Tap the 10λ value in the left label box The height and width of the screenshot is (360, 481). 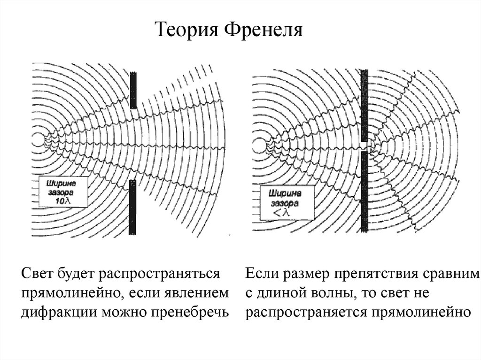61,201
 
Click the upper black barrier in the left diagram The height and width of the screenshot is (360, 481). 134,89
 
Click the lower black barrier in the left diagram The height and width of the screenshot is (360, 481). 133,207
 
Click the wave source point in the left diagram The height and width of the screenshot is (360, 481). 39,139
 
